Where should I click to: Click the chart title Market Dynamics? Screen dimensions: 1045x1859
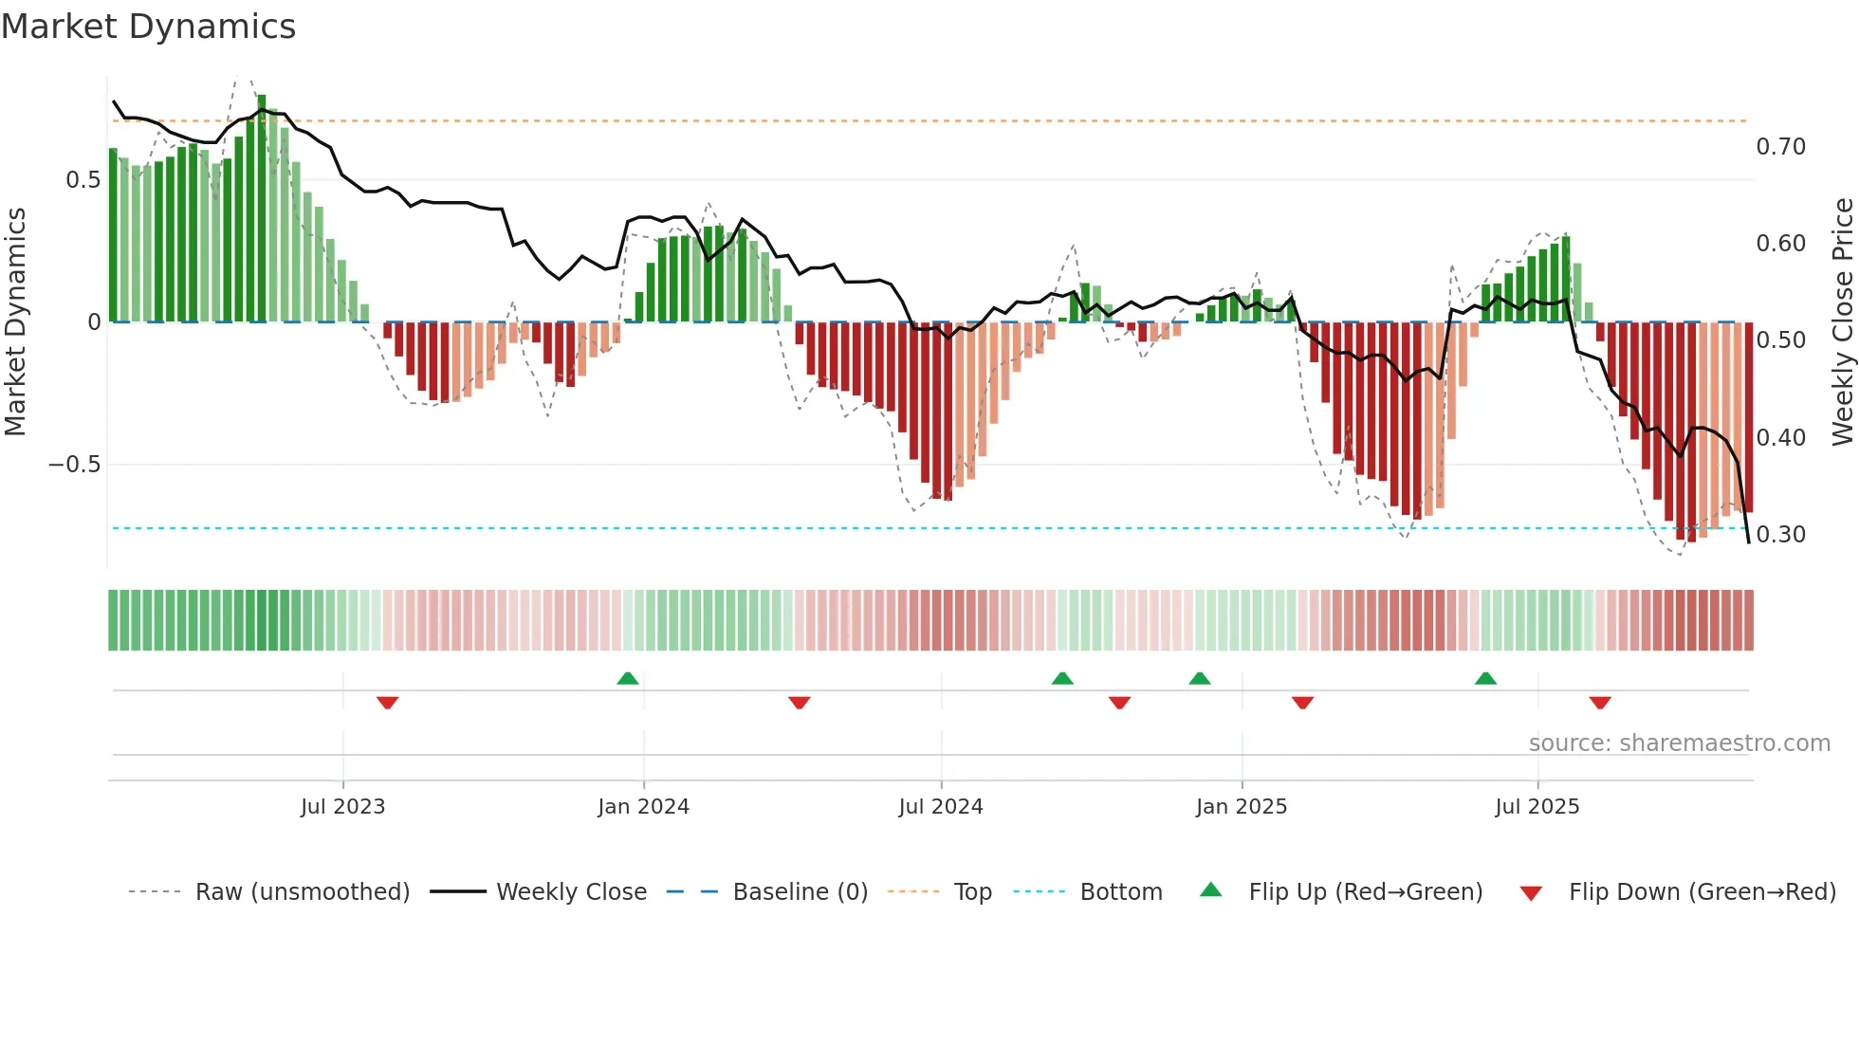click(148, 27)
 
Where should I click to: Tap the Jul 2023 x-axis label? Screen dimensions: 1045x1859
click(342, 807)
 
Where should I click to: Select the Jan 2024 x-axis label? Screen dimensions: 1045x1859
click(643, 807)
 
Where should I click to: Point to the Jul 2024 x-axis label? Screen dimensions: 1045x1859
click(940, 807)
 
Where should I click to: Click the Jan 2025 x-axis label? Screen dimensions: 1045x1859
click(1241, 807)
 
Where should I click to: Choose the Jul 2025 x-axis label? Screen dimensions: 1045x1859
click(1537, 807)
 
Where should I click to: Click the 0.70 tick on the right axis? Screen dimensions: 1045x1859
click(1780, 147)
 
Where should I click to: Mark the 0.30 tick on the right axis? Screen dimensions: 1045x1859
click(1780, 535)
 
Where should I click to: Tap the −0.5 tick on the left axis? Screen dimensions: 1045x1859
click(74, 465)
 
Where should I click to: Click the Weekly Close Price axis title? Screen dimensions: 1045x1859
click(1842, 322)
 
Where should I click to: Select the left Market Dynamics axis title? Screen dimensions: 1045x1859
click(15, 322)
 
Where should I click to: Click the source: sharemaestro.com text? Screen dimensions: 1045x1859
click(1679, 743)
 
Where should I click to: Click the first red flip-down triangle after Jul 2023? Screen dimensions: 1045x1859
click(387, 703)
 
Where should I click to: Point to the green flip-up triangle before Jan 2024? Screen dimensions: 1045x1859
click(628, 678)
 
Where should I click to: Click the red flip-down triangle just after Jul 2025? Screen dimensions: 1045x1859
click(1600, 703)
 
